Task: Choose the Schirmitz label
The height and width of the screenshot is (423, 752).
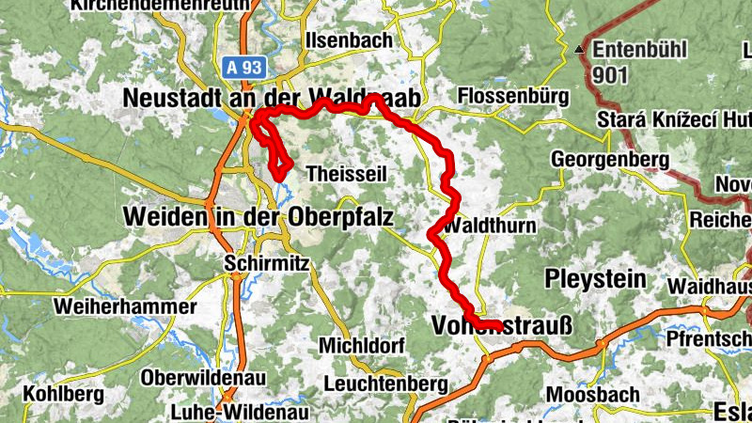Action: tap(266, 265)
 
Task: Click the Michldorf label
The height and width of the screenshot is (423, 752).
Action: tap(361, 345)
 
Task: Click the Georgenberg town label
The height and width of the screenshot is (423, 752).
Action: tap(609, 159)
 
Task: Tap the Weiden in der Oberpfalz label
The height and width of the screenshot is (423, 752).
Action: tap(258, 217)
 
